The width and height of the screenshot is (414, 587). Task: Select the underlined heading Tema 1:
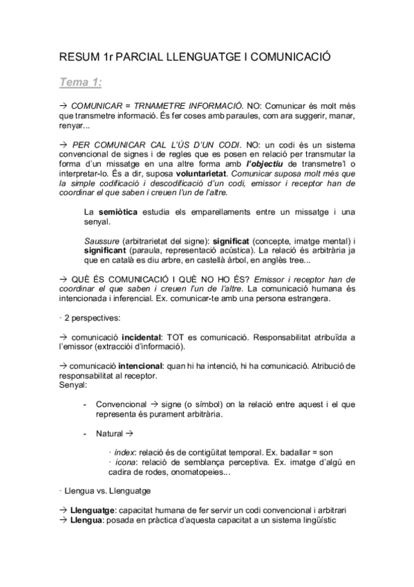pos(81,82)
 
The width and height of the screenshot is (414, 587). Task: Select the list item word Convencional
pos(122,404)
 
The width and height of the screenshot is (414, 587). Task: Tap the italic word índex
pos(124,452)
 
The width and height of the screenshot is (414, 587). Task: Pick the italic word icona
pos(124,462)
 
